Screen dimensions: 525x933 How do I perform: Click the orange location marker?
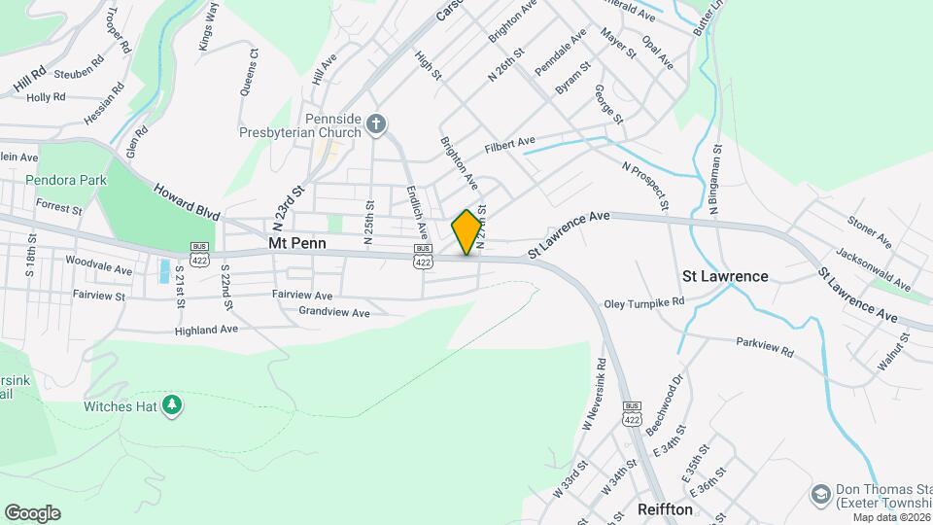pos(466,231)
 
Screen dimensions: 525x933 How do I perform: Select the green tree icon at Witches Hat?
pos(172,403)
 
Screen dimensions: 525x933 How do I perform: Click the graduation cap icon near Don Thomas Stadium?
pos(819,496)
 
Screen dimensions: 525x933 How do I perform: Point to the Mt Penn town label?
pos(297,243)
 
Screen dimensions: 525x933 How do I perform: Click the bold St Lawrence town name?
pos(725,276)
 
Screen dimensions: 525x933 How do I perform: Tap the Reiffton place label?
pos(666,509)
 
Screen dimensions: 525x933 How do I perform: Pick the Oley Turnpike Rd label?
pos(643,302)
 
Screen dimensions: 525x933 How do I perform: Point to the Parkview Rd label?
pos(765,347)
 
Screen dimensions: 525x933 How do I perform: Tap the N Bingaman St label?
pos(715,181)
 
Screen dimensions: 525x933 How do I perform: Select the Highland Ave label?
pos(206,331)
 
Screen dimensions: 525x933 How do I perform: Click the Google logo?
pos(32,513)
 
